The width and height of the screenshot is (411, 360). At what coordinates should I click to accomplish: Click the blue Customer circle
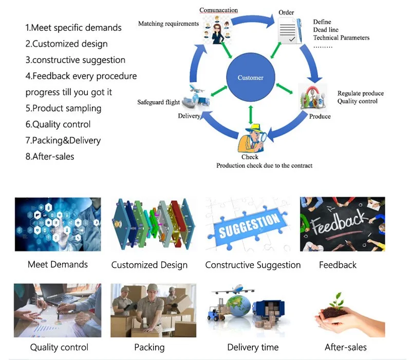(251, 77)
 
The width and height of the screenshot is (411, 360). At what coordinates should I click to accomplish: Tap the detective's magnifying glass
(263, 137)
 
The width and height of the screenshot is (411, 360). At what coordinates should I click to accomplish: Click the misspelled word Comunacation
(218, 10)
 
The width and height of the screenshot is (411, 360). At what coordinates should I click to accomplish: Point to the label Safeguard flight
(159, 102)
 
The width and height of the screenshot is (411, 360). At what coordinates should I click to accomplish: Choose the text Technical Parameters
(341, 38)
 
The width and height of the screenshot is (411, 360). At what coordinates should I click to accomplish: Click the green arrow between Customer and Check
(251, 115)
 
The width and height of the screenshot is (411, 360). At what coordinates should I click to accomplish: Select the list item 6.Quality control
(58, 124)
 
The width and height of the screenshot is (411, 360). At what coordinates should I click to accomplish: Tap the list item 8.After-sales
(50, 157)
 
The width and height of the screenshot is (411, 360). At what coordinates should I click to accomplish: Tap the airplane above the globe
(233, 290)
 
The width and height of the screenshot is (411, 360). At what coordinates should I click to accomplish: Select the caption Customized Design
(150, 265)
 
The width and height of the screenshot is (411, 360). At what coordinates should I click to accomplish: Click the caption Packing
(150, 348)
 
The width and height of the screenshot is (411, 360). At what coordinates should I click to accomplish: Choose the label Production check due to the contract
(264, 166)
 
